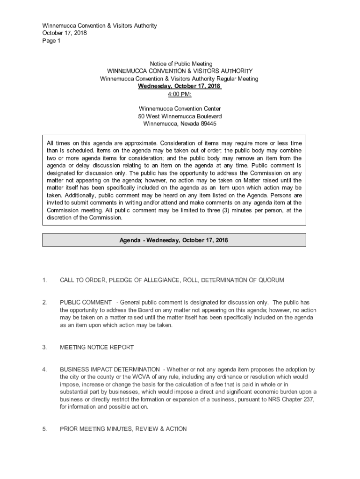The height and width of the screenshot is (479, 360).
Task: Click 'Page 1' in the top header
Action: [x=51, y=41]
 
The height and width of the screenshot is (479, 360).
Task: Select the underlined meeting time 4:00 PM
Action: [x=180, y=94]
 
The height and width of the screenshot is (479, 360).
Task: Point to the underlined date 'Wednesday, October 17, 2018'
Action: [x=179, y=87]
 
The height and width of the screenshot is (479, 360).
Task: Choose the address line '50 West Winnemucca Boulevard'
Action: [x=180, y=116]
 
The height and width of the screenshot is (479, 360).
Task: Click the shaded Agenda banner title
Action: [x=174, y=240]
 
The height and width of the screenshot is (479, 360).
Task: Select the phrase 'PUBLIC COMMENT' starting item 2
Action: [x=86, y=303]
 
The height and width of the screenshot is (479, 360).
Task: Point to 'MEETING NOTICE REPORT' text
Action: [x=97, y=348]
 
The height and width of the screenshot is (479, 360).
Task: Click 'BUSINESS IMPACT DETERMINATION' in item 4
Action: [x=110, y=370]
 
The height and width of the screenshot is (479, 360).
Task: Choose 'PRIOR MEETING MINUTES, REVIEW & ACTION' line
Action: [x=123, y=429]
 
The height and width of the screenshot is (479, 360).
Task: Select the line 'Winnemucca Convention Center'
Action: [x=180, y=109]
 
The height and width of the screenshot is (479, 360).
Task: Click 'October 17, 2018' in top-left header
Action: [x=65, y=33]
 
